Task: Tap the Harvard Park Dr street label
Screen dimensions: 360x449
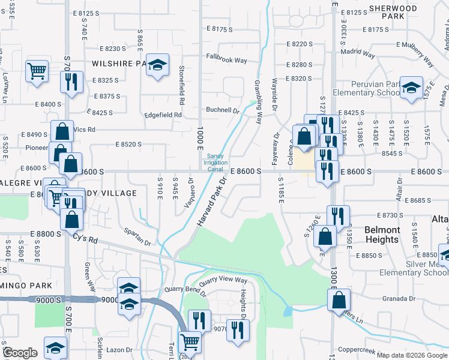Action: pyautogui.click(x=213, y=202)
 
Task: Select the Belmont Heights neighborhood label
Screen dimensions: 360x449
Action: pyautogui.click(x=382, y=235)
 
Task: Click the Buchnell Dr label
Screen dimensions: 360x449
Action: pyautogui.click(x=223, y=110)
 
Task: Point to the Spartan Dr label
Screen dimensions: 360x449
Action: pyautogui.click(x=138, y=236)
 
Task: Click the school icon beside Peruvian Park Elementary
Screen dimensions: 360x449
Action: pyautogui.click(x=411, y=88)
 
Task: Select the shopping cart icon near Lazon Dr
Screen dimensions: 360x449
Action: pyautogui.click(x=190, y=342)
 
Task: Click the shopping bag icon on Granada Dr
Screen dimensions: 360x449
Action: pyautogui.click(x=339, y=299)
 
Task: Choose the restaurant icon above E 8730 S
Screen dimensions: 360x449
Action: pyautogui.click(x=338, y=216)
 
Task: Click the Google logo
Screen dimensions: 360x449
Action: pyautogui.click(x=20, y=353)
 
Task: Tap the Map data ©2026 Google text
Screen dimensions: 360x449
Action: pyautogui.click(x=412, y=355)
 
